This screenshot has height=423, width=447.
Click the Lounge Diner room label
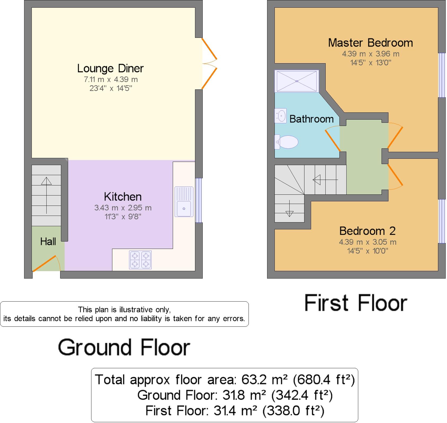coord(110,69)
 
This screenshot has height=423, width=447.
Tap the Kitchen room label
coord(123,197)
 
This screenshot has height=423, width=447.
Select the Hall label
coord(48,242)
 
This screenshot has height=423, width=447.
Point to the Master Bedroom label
coord(370,43)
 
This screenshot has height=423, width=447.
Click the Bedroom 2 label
coord(368,231)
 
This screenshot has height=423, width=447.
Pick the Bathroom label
coord(312,119)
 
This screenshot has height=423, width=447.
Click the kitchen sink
coord(184,202)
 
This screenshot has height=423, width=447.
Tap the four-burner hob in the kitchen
coord(140,260)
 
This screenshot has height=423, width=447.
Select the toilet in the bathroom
coord(286,142)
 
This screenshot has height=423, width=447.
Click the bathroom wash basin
coord(281,116)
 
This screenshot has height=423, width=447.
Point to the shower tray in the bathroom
coord(297,81)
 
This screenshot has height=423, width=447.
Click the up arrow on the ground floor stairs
coord(46,195)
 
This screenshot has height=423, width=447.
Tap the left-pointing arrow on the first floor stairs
coord(325,180)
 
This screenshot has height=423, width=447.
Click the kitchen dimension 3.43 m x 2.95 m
coord(123,208)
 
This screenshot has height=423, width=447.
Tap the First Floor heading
coord(356,303)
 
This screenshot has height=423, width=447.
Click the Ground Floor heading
coord(124,347)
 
